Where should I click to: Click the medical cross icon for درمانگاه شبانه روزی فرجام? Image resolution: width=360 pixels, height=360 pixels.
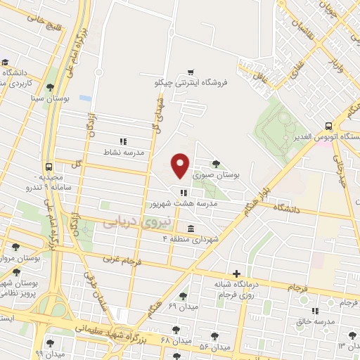click(236, 274)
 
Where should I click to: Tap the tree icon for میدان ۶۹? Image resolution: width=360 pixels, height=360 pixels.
click(184, 296)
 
